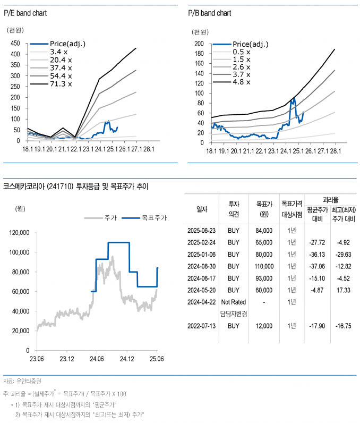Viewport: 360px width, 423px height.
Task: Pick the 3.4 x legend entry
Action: coord(58,52)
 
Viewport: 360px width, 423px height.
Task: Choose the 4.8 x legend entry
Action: coord(242,82)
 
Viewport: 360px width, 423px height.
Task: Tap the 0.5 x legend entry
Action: coord(242,52)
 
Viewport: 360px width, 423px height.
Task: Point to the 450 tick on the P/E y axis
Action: coord(15,44)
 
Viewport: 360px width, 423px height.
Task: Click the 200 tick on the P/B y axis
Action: coord(199,44)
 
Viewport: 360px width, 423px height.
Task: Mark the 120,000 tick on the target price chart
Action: coord(21,232)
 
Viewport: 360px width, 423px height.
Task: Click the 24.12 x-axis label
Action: coord(126,359)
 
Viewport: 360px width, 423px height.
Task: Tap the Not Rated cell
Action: coord(234,301)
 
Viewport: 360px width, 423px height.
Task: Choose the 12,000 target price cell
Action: coord(264,325)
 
